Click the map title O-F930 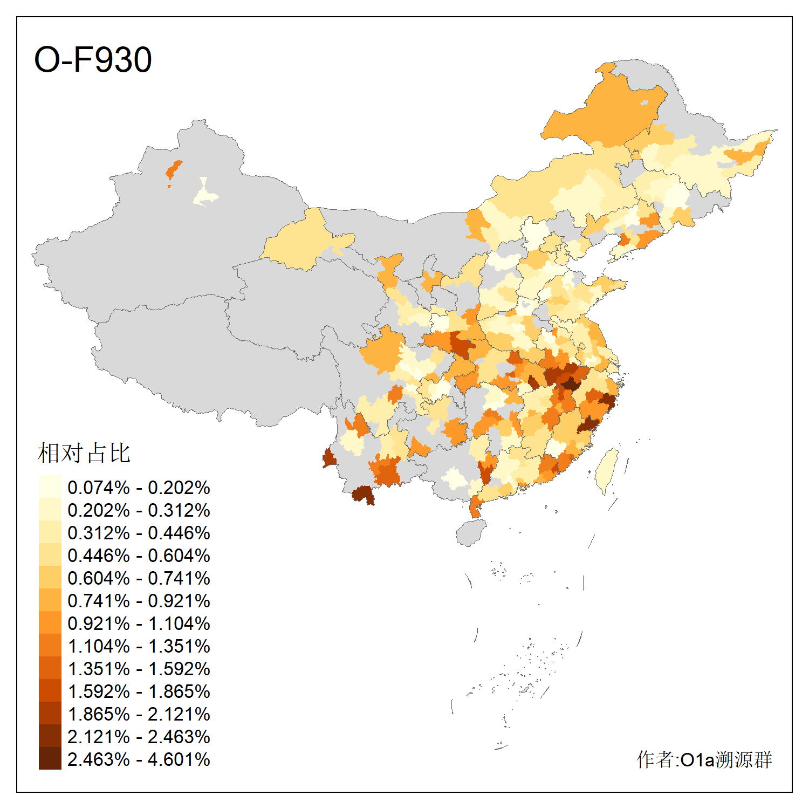tap(93, 59)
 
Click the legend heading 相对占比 tap(84, 453)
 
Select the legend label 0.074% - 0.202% tap(139, 488)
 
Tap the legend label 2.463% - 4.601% tap(139, 759)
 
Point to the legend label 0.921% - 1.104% tap(139, 623)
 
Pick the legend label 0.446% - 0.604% tap(139, 556)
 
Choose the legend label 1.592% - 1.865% tap(139, 691)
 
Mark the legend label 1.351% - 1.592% tap(139, 669)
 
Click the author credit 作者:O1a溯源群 tap(704, 759)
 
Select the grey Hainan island tap(471, 533)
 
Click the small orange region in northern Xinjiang tap(173, 170)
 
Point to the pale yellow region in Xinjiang tap(204, 194)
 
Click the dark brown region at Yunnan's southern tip tap(363, 493)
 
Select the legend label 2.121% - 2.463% tap(139, 737)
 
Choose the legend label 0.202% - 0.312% tap(139, 510)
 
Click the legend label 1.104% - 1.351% tap(139, 646)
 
